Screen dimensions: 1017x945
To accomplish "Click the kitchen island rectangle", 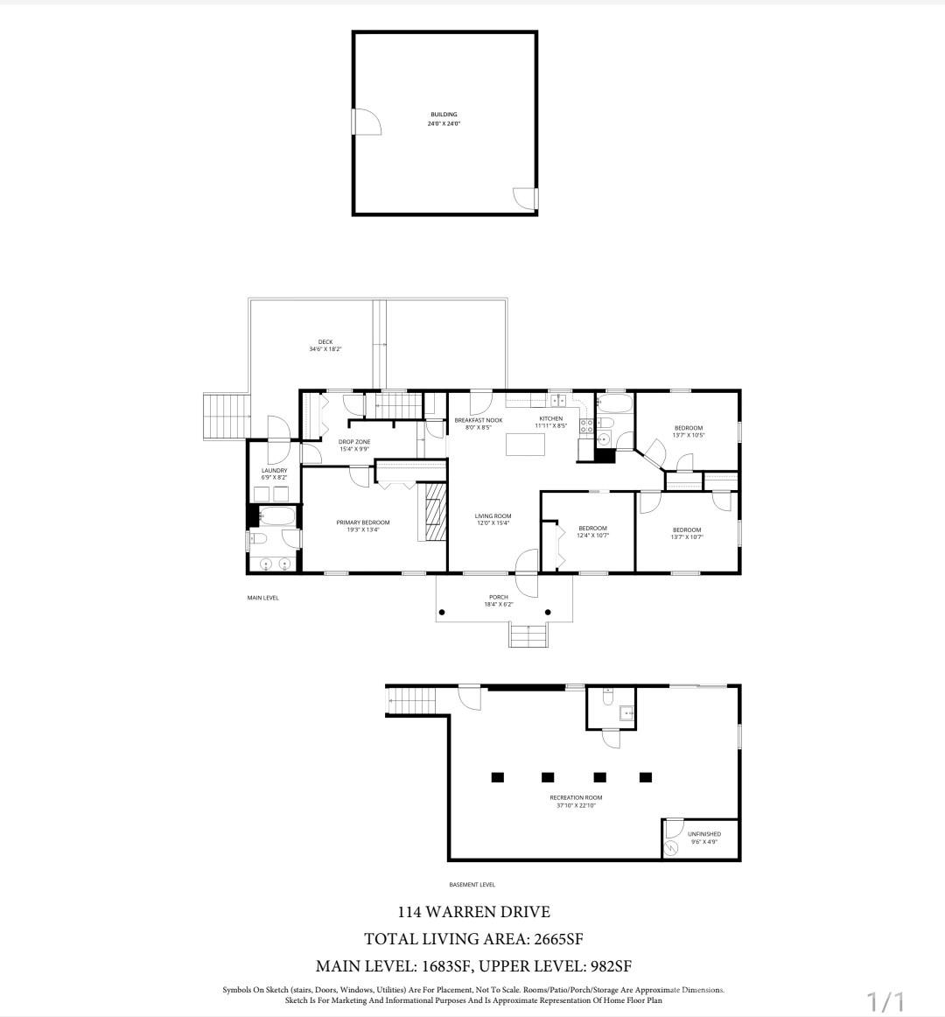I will [x=525, y=444].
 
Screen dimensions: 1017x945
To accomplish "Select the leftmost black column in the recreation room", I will [x=497, y=776].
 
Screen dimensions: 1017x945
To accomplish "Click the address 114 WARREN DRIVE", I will [x=473, y=911].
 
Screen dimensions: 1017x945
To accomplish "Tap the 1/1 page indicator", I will [x=885, y=1000].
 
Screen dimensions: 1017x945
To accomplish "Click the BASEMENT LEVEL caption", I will [x=472, y=885].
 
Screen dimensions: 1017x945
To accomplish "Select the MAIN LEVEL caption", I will [x=262, y=598].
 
